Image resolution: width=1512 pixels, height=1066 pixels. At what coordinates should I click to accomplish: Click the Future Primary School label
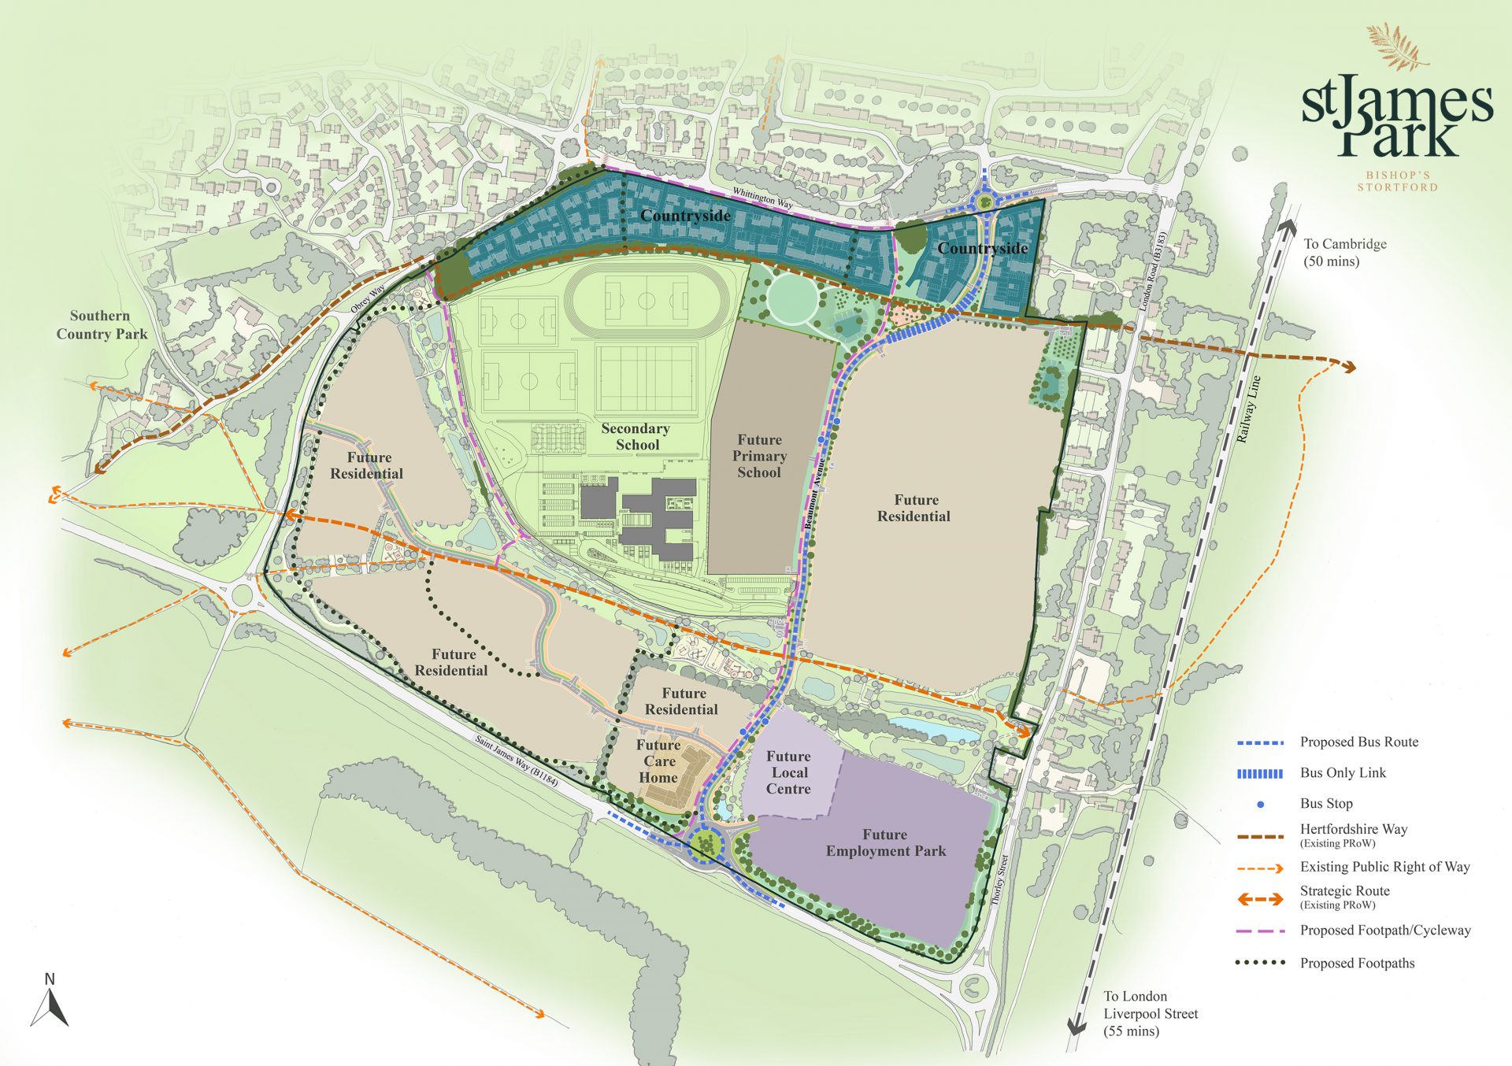pos(759,456)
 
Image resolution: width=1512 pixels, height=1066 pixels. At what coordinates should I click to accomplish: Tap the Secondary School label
pos(636,436)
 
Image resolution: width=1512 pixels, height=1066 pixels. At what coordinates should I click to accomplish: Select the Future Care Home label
pos(658,761)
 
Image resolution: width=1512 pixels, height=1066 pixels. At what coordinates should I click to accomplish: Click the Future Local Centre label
pos(788,772)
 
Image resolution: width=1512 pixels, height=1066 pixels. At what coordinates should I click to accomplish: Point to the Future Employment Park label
pos(885,842)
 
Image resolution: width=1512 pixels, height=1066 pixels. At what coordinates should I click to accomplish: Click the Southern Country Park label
pos(101,324)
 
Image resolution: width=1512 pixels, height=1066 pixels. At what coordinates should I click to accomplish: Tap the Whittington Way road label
pos(762,197)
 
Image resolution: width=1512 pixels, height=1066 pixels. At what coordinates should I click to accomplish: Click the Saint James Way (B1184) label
pos(517,761)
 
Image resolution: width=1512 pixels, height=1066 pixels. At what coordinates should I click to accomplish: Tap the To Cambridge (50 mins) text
pos(1344,252)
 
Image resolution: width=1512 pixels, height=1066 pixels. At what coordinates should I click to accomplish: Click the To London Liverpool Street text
pos(1150,1013)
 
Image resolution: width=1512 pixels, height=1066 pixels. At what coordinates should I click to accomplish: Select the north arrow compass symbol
pos(50,1004)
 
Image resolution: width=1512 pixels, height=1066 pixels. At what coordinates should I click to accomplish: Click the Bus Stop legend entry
pos(1326,804)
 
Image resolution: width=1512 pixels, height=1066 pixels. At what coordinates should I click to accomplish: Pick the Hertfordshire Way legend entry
pos(1353,830)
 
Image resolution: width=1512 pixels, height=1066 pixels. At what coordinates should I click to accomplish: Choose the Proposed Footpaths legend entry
pos(1357,963)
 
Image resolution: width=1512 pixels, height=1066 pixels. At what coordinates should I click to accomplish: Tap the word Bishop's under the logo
pos(1397,175)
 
